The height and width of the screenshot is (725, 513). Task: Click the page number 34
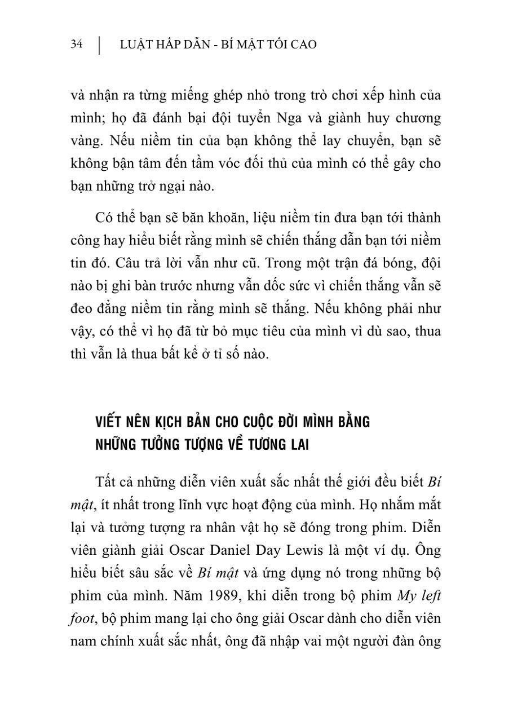click(x=77, y=45)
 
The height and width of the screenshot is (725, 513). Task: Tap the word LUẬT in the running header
click(x=133, y=45)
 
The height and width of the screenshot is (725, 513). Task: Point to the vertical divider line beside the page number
click(x=100, y=45)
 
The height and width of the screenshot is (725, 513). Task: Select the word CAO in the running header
click(x=304, y=45)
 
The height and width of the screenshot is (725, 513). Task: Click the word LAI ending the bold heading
click(x=296, y=445)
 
